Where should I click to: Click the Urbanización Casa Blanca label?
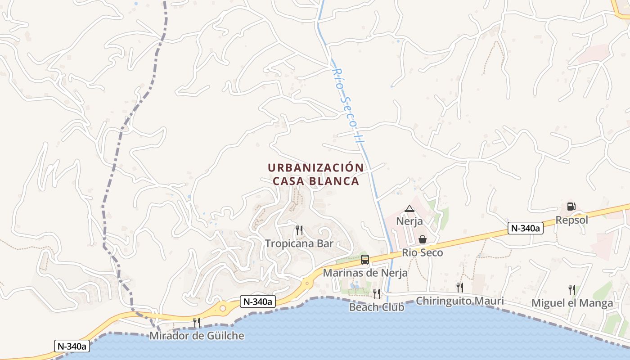tap(316, 174)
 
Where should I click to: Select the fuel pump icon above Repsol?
tap(571, 207)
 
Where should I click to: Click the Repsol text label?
tap(572, 220)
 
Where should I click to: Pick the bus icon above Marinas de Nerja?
tap(365, 260)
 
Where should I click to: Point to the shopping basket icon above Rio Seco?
tap(423, 239)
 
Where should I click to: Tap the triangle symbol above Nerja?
tap(409, 208)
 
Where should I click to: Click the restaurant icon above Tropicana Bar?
tap(299, 230)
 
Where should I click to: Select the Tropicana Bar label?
tap(299, 243)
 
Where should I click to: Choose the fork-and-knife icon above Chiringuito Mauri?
tap(459, 287)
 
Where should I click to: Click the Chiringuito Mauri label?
tap(460, 301)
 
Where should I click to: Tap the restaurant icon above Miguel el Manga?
tap(571, 289)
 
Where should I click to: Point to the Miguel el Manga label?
tap(572, 303)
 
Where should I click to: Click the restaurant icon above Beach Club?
tap(377, 294)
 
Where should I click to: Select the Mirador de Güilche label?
tap(197, 336)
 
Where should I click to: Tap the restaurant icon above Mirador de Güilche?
tap(197, 322)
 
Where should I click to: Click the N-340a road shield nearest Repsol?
tap(526, 228)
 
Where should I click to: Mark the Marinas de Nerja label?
tap(365, 273)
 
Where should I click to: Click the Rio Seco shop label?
tap(423, 252)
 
